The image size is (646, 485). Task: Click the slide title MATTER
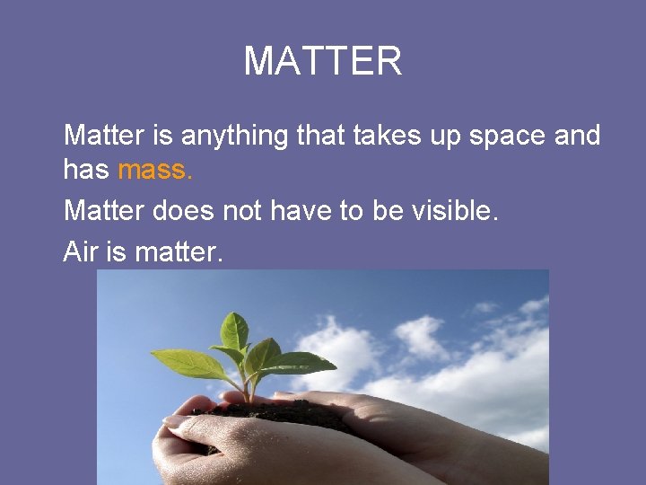pos(323,61)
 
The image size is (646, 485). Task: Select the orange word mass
pos(154,170)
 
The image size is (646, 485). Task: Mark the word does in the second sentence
pos(183,212)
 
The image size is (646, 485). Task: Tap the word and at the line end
pos(577,137)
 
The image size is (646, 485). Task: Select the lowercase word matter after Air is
pos(177,252)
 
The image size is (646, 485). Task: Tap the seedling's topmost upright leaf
pos(235,331)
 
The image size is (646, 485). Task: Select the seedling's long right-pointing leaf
pos(301,364)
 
